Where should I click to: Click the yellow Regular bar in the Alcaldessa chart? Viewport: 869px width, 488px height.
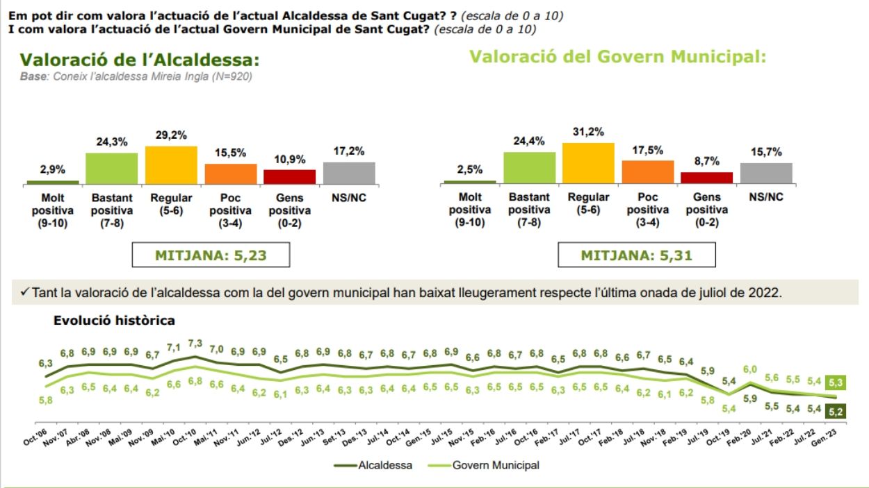(171, 165)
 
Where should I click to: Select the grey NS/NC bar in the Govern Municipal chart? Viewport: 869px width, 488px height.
(766, 174)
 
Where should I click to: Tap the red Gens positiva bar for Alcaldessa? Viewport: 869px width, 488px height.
(289, 177)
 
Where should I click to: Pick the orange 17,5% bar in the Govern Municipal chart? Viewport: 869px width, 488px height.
(648, 172)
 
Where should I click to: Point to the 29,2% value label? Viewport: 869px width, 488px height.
(171, 136)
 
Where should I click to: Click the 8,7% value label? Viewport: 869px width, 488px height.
(706, 162)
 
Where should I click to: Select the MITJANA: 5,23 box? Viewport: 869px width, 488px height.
(211, 255)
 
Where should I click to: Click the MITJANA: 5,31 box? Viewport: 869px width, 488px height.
(637, 255)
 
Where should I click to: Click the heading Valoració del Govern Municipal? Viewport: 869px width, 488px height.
(617, 57)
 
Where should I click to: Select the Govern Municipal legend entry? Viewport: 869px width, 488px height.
(495, 465)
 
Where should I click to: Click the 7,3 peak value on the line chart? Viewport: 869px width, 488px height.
(195, 344)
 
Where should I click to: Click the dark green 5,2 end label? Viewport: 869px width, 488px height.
(834, 411)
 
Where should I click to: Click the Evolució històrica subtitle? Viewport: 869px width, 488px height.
(114, 321)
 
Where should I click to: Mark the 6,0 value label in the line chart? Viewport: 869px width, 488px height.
(751, 370)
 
